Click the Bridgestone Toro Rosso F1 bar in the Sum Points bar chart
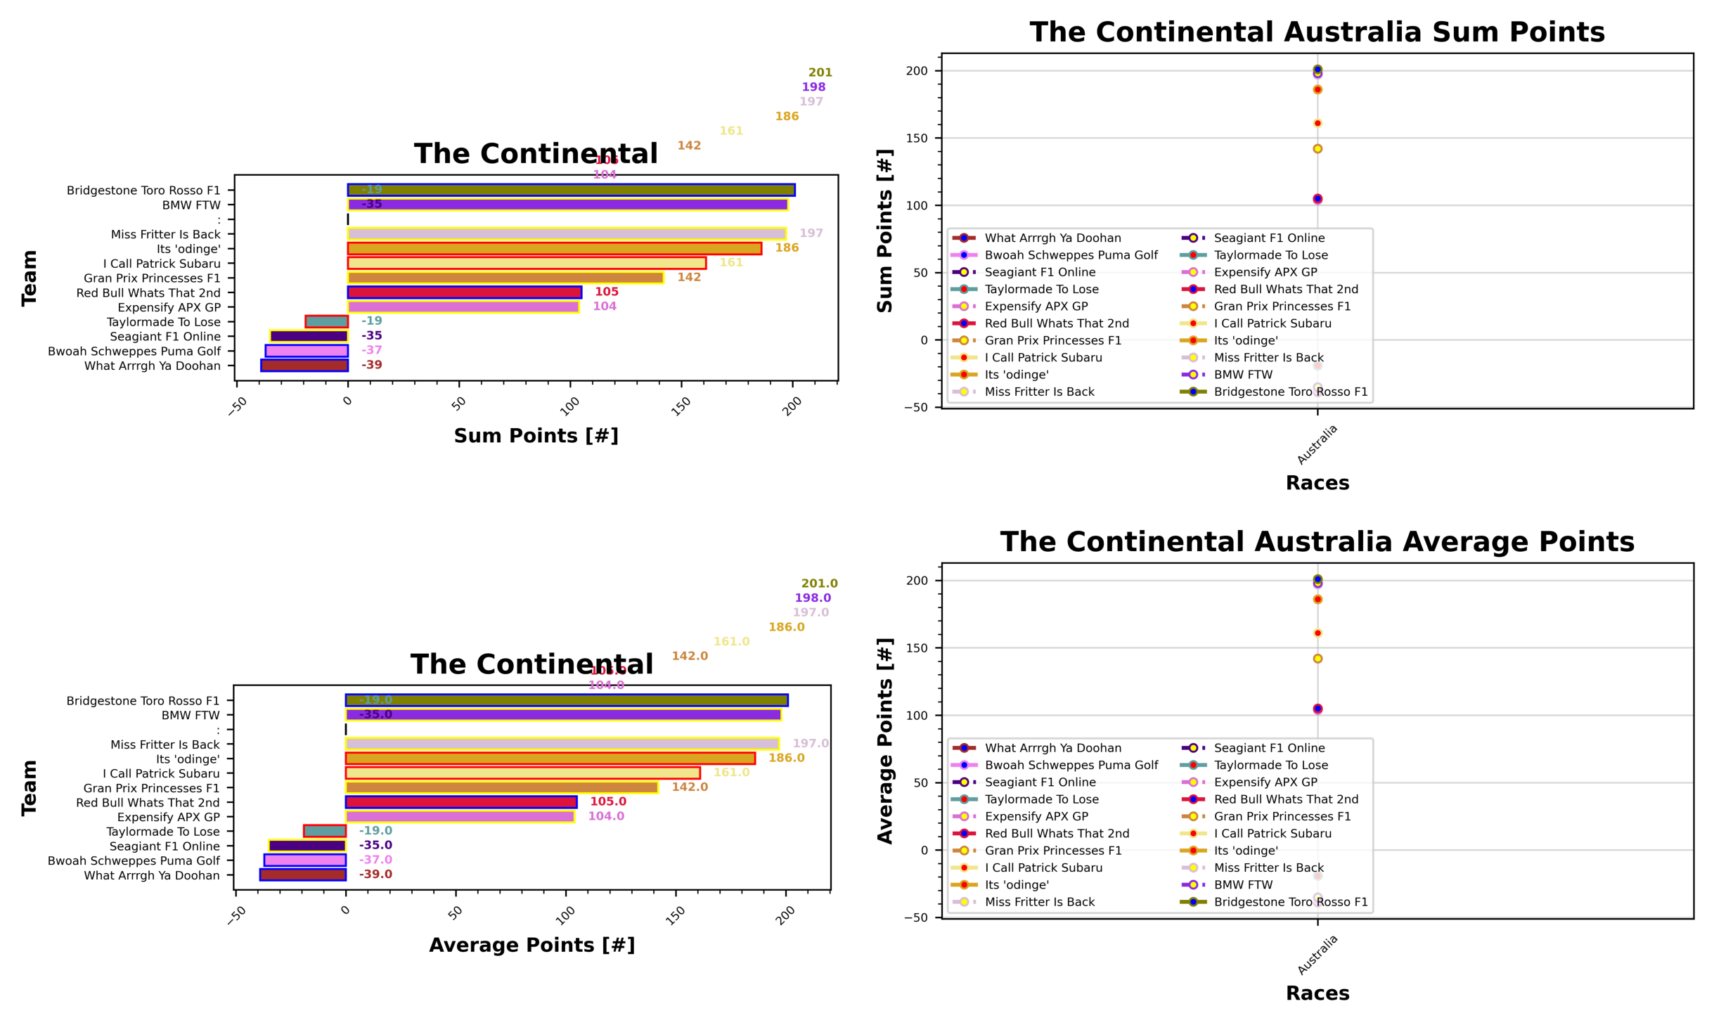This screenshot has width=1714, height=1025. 571,190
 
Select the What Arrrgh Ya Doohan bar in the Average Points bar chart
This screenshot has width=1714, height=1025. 302,875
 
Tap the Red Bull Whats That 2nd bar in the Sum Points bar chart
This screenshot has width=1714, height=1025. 464,292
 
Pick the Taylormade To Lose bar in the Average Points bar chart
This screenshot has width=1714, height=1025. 324,831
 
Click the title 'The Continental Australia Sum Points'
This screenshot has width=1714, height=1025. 1316,32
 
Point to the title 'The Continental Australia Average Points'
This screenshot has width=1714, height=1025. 1316,542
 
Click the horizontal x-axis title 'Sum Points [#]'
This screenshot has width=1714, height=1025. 536,436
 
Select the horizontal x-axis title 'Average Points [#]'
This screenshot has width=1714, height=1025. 531,945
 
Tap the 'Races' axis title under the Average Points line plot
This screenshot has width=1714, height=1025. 1317,993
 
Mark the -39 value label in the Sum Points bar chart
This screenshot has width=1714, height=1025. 371,365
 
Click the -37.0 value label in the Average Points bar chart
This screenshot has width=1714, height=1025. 375,860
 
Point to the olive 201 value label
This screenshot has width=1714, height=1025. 820,72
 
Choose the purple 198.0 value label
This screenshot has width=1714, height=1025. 813,598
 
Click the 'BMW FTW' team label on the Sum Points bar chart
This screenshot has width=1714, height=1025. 191,205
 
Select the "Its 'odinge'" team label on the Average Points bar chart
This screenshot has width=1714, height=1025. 188,759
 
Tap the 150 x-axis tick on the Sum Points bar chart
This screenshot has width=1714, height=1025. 680,406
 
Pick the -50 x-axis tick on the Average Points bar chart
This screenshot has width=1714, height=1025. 238,915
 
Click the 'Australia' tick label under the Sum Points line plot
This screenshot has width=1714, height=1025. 1317,444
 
